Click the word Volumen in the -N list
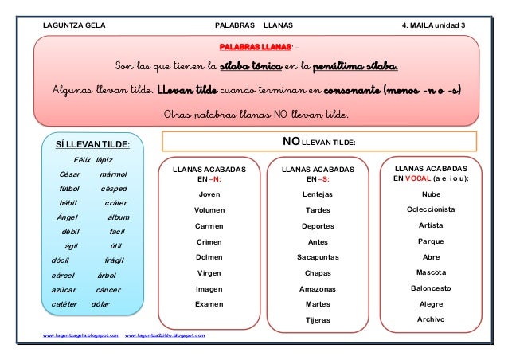(209, 210)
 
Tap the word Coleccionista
(431, 210)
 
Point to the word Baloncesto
(431, 288)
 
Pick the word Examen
(209, 304)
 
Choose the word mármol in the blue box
(115, 174)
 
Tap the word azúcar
(64, 290)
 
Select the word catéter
(64, 304)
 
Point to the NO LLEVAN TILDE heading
(319, 142)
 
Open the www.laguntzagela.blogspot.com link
(81, 336)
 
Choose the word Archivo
(431, 319)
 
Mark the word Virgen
(209, 273)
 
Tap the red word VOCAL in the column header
(418, 179)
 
